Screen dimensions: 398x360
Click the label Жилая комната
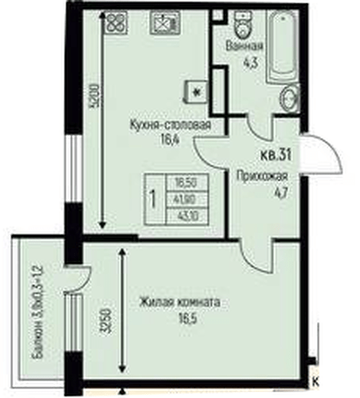(x=179, y=302)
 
